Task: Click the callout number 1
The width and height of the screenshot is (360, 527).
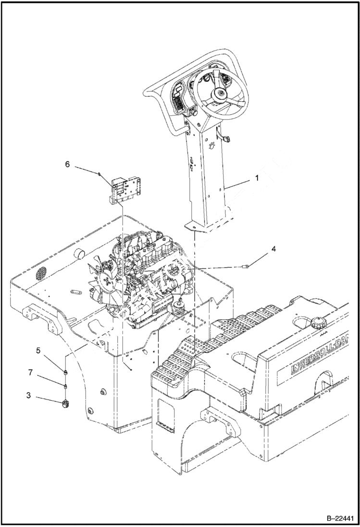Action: tap(257, 178)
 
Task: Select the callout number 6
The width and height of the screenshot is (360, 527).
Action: tap(67, 164)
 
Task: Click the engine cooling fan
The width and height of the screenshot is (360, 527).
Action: tap(105, 282)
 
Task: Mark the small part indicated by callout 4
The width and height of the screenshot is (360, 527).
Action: tap(246, 265)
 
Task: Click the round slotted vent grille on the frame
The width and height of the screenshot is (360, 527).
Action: tap(43, 275)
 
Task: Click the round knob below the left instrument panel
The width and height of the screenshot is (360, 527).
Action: tap(195, 112)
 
